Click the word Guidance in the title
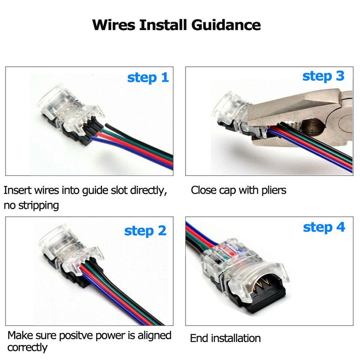(226, 25)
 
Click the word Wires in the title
(114, 25)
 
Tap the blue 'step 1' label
(148, 78)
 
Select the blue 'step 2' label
(145, 231)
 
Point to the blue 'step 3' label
(323, 76)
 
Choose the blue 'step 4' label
(324, 227)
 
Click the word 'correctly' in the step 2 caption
(27, 348)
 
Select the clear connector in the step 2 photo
(67, 255)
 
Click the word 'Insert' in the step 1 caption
(17, 190)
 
